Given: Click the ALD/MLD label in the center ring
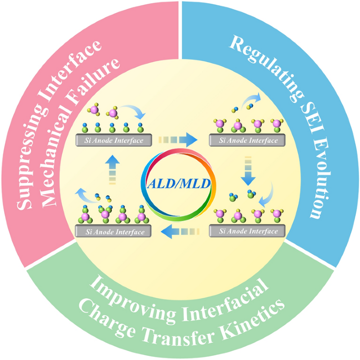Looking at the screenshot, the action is [x=179, y=183].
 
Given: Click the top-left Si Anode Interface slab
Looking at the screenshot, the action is [x=114, y=140].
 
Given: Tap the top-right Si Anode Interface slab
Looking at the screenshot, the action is [x=247, y=140].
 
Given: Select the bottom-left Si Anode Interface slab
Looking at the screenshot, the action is [x=113, y=231].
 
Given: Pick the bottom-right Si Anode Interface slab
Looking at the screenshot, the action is [x=247, y=231].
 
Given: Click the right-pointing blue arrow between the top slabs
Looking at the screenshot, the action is [x=178, y=140].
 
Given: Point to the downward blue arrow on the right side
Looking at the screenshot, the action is [x=248, y=171].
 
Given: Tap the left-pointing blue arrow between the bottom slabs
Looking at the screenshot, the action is [x=180, y=231].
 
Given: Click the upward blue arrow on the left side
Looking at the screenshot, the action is [x=112, y=170].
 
